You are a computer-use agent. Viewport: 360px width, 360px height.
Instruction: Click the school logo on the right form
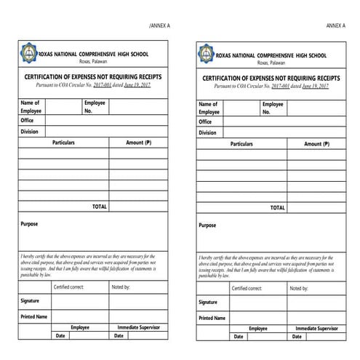[207, 56]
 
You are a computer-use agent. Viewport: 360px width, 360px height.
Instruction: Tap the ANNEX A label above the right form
[335, 25]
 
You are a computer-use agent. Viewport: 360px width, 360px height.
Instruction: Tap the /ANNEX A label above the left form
[159, 25]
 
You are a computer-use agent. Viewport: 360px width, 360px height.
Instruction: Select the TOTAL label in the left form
[99, 207]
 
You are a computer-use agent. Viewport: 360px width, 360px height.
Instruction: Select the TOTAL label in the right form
[277, 207]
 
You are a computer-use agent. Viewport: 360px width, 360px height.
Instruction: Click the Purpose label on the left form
[29, 224]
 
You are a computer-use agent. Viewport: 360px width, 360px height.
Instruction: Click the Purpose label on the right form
[207, 225]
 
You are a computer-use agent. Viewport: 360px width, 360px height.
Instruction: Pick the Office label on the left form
[28, 120]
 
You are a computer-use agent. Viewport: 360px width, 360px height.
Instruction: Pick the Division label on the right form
[207, 133]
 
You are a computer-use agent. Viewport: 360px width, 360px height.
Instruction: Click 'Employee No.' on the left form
[95, 107]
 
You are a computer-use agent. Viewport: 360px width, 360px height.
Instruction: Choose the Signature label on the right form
[208, 302]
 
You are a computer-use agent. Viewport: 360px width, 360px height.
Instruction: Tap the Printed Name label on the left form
[33, 316]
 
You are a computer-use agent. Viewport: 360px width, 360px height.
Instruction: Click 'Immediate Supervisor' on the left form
[141, 327]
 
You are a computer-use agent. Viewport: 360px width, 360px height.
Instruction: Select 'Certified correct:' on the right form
[247, 288]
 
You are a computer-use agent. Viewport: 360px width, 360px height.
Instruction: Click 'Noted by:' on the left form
[121, 287]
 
